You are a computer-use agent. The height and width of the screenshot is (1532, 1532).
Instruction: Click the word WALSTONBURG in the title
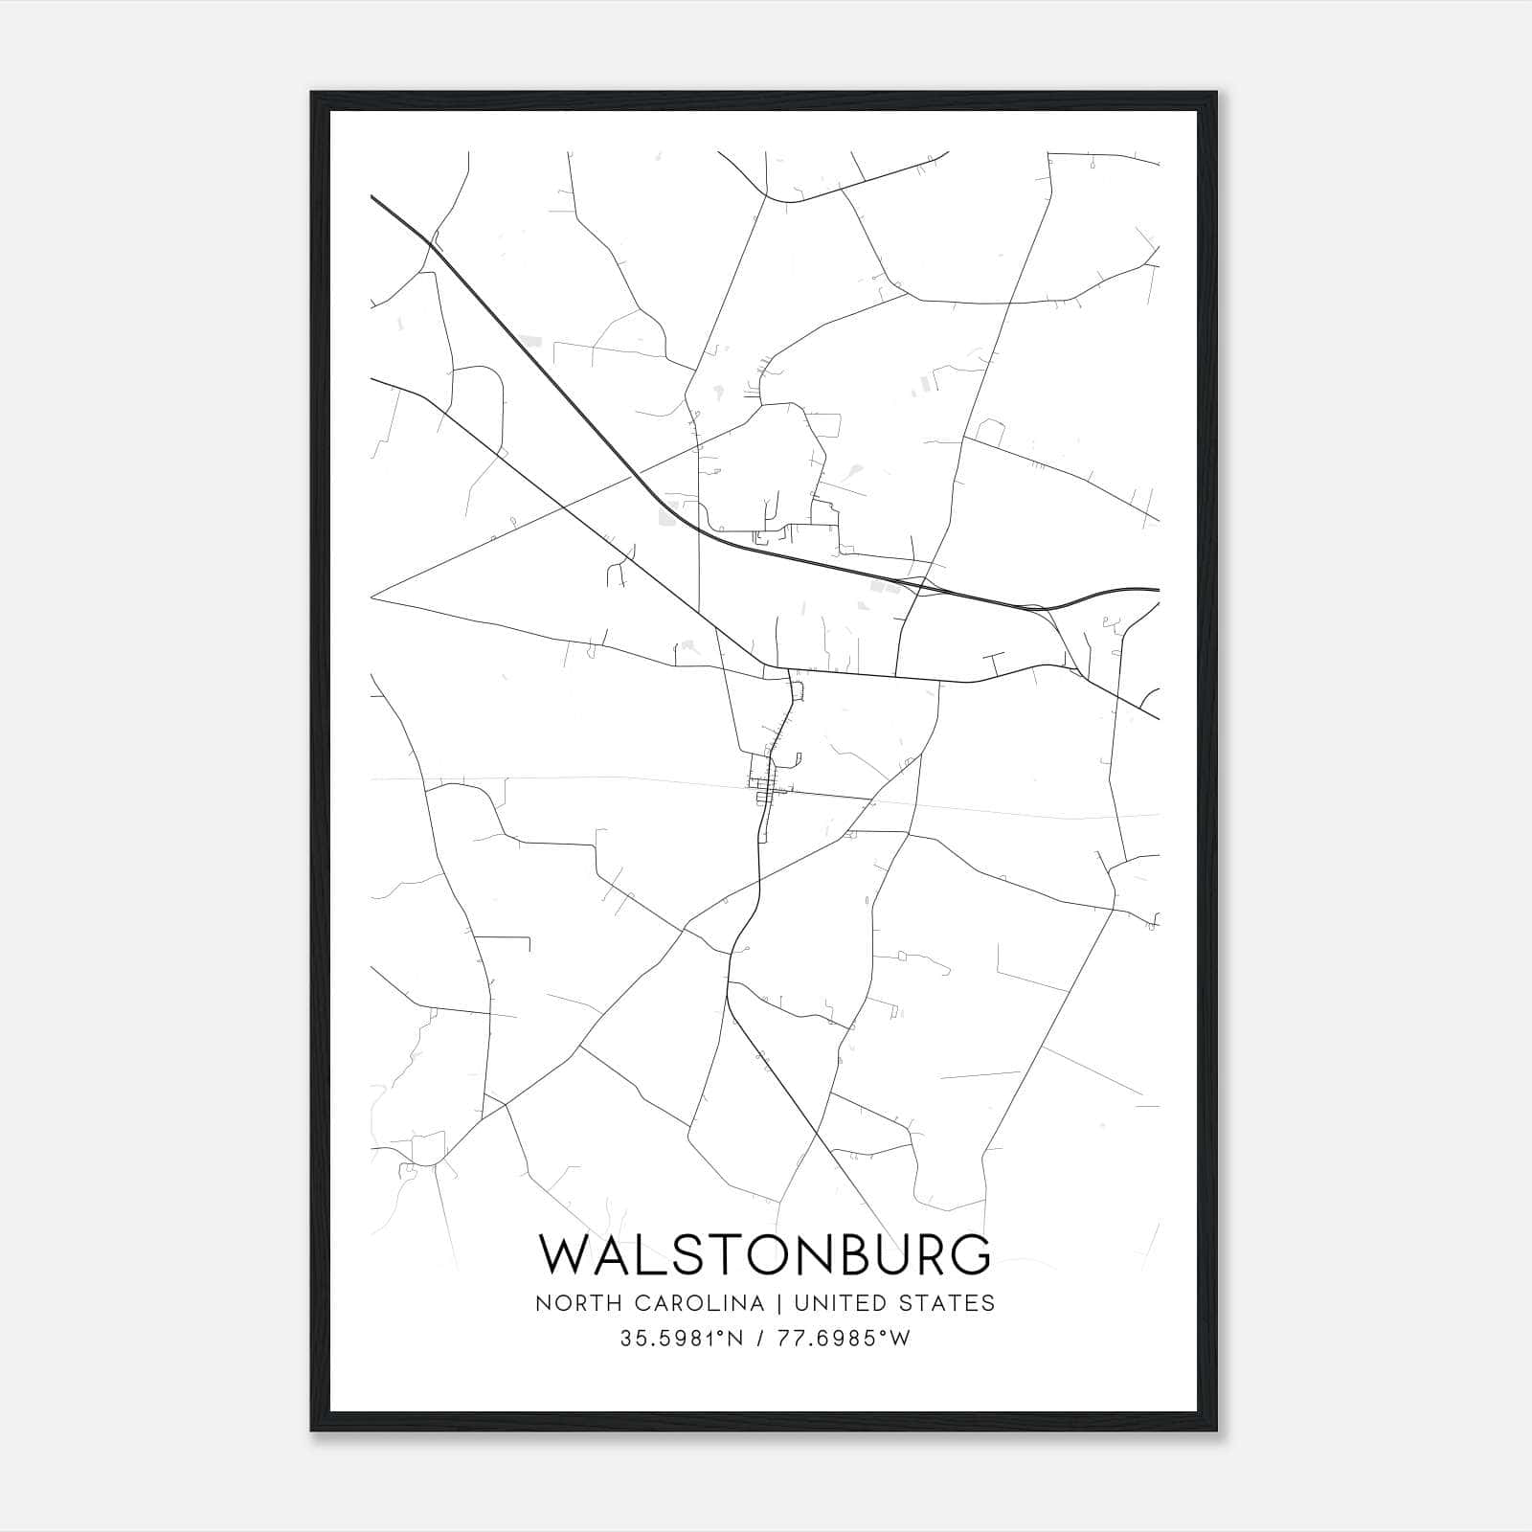click(x=765, y=1255)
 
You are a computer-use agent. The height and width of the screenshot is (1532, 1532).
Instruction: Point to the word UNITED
click(x=840, y=1303)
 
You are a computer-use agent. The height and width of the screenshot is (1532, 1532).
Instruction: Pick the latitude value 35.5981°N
click(x=682, y=1339)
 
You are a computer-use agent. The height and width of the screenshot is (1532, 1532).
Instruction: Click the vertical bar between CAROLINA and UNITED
click(x=774, y=1303)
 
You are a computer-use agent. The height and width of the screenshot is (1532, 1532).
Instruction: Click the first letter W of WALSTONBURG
click(x=567, y=1255)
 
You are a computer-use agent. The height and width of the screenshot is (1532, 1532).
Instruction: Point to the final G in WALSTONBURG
click(x=969, y=1255)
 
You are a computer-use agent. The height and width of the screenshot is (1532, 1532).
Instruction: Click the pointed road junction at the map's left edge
click(x=372, y=596)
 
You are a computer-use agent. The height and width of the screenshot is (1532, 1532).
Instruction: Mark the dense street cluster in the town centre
click(x=766, y=791)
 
